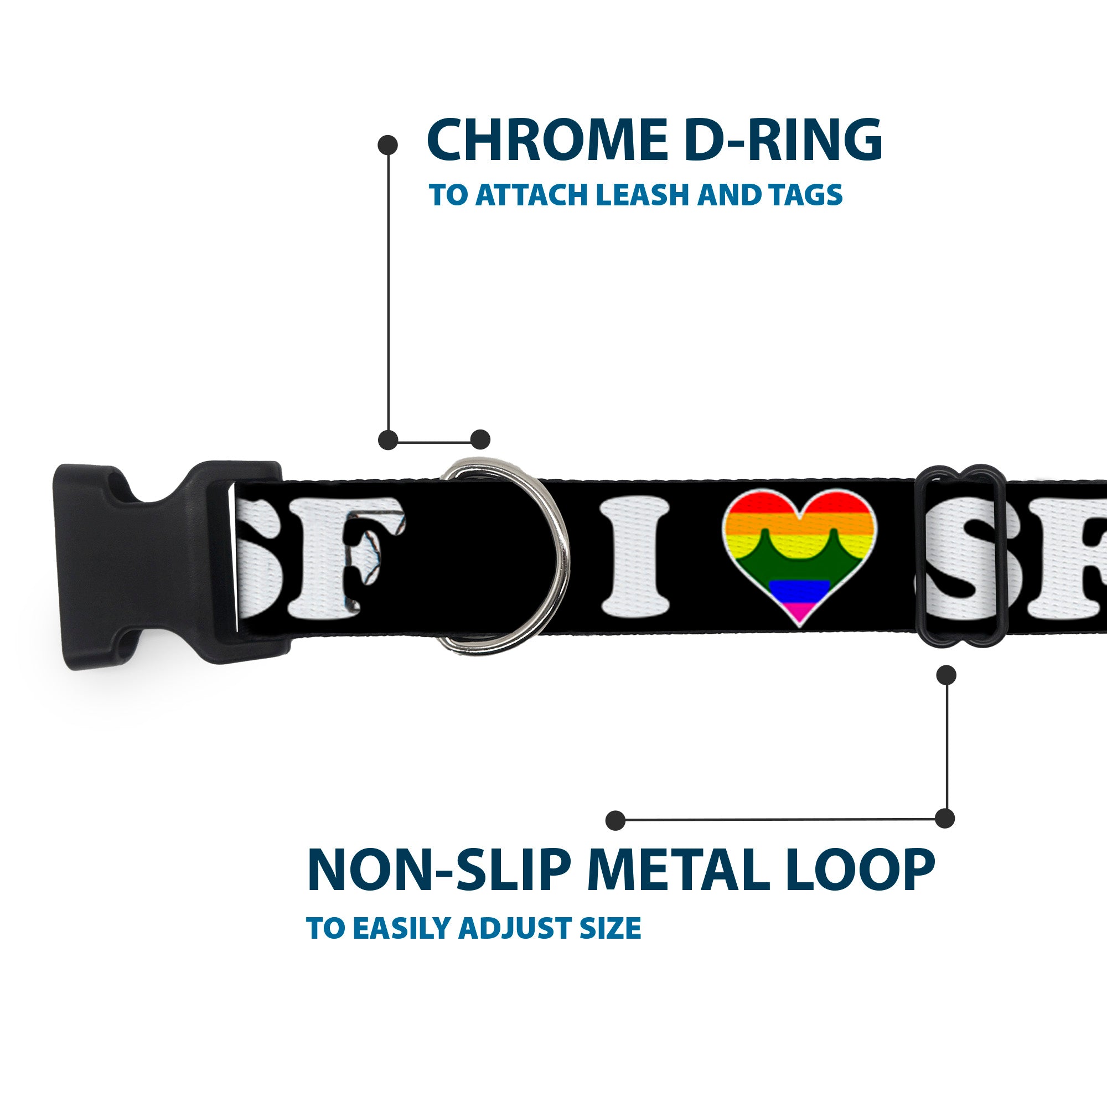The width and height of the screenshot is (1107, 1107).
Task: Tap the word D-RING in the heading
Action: pyautogui.click(x=782, y=141)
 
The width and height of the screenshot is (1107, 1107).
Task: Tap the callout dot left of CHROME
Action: pyautogui.click(x=388, y=145)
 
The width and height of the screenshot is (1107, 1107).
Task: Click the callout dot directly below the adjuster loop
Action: pyautogui.click(x=946, y=675)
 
